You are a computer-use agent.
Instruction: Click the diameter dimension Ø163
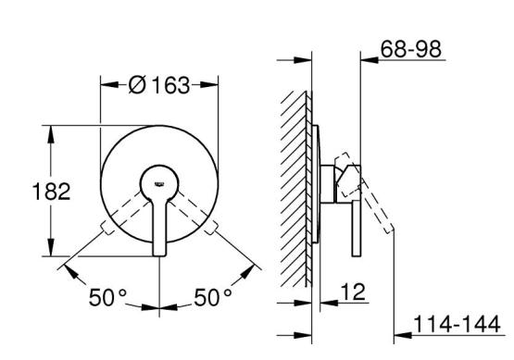pyautogui.click(x=159, y=85)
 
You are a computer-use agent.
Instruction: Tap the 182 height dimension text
pyautogui.click(x=52, y=192)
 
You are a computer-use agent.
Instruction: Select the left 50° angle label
pyautogui.click(x=107, y=297)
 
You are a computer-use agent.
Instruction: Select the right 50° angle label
pyautogui.click(x=213, y=297)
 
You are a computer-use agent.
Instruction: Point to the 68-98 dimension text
pyautogui.click(x=411, y=49)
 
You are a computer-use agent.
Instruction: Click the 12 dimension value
pyautogui.click(x=353, y=292)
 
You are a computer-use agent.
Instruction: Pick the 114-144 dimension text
pyautogui.click(x=457, y=324)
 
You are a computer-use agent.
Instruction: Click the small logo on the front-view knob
pyautogui.click(x=159, y=184)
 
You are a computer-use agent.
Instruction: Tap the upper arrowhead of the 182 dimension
pyautogui.click(x=51, y=134)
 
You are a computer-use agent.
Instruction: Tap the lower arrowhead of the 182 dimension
pyautogui.click(x=51, y=247)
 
